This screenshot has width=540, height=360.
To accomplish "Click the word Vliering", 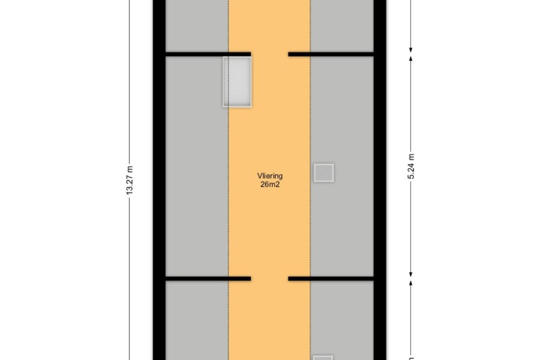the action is (x=270, y=176).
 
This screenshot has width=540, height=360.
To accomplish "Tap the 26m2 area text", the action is (x=270, y=184).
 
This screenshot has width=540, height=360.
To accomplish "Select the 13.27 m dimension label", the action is (x=130, y=181).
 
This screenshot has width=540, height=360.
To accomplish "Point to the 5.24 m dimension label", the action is (x=411, y=167).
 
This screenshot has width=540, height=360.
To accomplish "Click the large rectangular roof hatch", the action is (x=237, y=82).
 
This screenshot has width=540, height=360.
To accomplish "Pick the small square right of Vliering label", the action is (x=324, y=173).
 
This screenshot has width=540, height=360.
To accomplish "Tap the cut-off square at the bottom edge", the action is (x=323, y=358).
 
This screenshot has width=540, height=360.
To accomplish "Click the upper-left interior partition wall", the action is (x=208, y=54).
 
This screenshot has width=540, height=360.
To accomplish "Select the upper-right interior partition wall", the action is (x=331, y=54).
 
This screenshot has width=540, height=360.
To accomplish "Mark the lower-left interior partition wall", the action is (x=208, y=279).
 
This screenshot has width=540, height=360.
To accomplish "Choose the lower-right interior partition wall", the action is (x=331, y=279).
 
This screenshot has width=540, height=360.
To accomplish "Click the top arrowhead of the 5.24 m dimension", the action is (x=411, y=59).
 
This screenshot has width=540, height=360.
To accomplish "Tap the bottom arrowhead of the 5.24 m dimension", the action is (x=411, y=274).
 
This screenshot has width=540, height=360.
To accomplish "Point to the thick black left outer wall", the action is (x=159, y=180).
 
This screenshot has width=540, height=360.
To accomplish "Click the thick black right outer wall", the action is (x=380, y=180).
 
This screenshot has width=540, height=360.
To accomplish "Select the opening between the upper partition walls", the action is (x=270, y=54).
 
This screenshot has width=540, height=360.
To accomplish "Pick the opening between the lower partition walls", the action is (x=270, y=279).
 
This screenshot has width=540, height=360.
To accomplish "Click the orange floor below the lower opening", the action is (x=270, y=320).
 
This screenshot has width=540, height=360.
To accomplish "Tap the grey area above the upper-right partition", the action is (x=342, y=26).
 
